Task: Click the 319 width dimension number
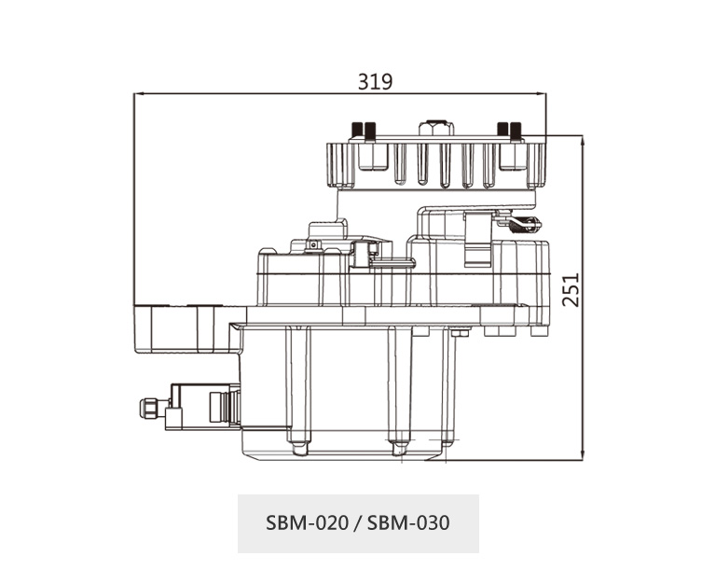(x=375, y=81)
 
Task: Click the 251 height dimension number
(x=571, y=290)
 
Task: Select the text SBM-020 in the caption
(x=307, y=522)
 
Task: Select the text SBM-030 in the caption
(x=408, y=522)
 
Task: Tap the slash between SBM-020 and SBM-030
(x=358, y=523)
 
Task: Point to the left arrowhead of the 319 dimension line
(x=139, y=93)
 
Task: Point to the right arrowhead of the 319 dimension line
(x=541, y=93)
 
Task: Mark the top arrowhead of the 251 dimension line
(x=582, y=141)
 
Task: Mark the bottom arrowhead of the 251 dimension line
(x=582, y=455)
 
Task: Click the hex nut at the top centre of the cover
(x=436, y=128)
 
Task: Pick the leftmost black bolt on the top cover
(x=357, y=130)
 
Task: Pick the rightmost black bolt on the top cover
(x=516, y=130)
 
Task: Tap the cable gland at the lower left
(x=150, y=408)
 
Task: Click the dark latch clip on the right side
(x=525, y=224)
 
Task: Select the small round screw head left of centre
(x=313, y=245)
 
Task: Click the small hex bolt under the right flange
(x=460, y=333)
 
